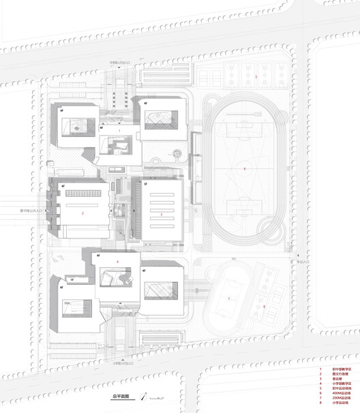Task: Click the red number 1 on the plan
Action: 119,129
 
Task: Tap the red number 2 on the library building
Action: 82,213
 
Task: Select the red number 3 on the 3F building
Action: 161,214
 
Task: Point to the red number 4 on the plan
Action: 117,262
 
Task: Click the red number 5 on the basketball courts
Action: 256,78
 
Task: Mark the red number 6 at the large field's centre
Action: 245,168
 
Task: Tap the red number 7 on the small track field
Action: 229,299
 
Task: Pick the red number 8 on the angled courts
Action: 264,306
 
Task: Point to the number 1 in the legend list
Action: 320,369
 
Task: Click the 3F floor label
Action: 145,185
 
